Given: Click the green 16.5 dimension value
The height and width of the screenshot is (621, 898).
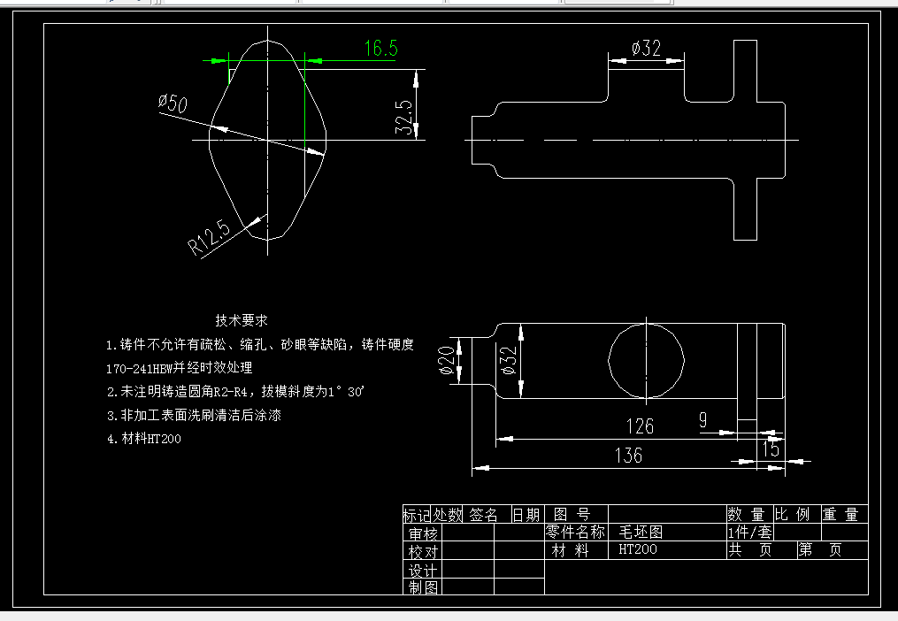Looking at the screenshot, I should pyautogui.click(x=380, y=49).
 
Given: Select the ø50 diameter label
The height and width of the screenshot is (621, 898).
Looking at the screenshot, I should pyautogui.click(x=173, y=103).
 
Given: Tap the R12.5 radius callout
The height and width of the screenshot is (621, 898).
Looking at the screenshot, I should pyautogui.click(x=209, y=238).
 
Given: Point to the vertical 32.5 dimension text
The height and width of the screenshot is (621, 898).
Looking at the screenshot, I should pyautogui.click(x=403, y=117).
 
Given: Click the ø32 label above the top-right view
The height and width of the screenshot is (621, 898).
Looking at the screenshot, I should pyautogui.click(x=646, y=49).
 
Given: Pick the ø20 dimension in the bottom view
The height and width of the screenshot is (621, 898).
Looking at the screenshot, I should pyautogui.click(x=447, y=361).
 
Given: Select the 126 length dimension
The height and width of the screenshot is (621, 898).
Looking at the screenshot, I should pyautogui.click(x=639, y=426).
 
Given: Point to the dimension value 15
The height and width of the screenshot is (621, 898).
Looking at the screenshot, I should pyautogui.click(x=771, y=449).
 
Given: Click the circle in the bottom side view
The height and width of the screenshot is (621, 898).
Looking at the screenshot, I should pyautogui.click(x=647, y=360).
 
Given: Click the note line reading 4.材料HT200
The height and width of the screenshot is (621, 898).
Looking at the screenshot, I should pyautogui.click(x=144, y=438).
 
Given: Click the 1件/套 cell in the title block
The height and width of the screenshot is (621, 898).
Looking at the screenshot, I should pyautogui.click(x=749, y=533).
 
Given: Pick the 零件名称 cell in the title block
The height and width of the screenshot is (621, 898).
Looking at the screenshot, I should pyautogui.click(x=575, y=533).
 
